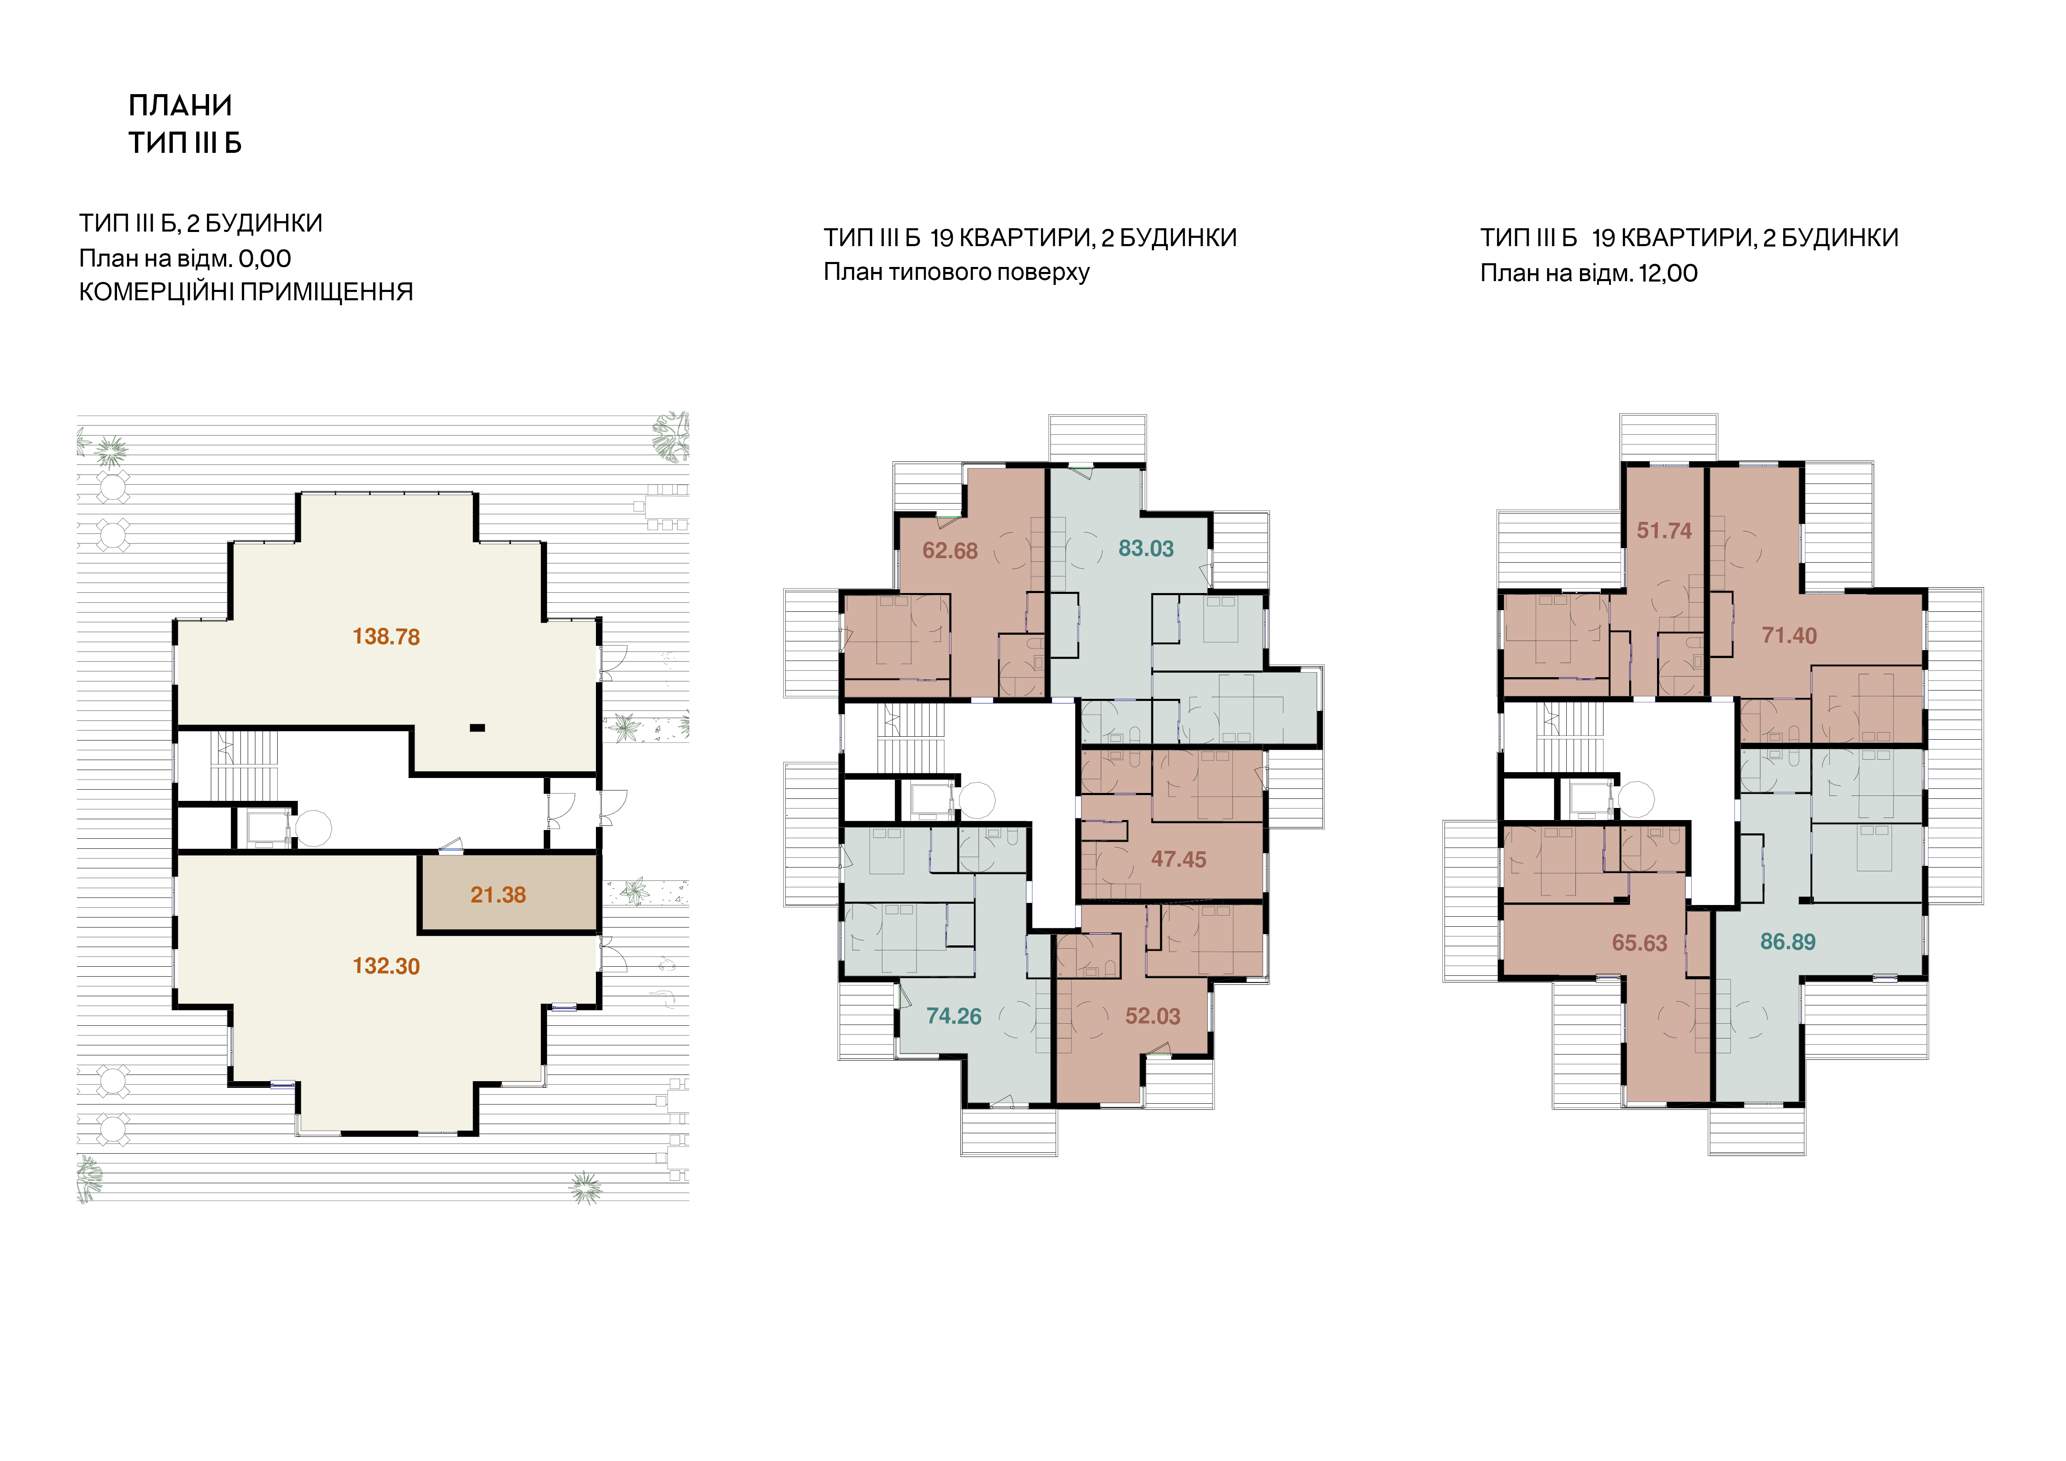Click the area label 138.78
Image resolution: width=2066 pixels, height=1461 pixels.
click(x=386, y=637)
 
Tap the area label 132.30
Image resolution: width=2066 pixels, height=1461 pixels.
click(x=386, y=966)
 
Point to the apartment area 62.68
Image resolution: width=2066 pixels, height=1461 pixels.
click(x=950, y=551)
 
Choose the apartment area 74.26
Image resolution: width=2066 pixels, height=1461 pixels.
click(x=954, y=1017)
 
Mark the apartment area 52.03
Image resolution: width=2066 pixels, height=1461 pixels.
click(x=1153, y=1017)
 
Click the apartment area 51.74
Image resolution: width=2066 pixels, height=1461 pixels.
click(x=1664, y=531)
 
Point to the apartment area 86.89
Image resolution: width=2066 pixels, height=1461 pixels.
click(x=1788, y=942)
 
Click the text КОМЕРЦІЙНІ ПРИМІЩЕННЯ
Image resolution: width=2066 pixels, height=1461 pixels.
click(x=246, y=292)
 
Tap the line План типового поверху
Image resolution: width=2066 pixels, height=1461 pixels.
click(x=957, y=273)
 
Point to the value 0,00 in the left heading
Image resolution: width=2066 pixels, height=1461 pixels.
click(x=264, y=259)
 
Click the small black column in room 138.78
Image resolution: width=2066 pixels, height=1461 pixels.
click(x=478, y=728)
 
